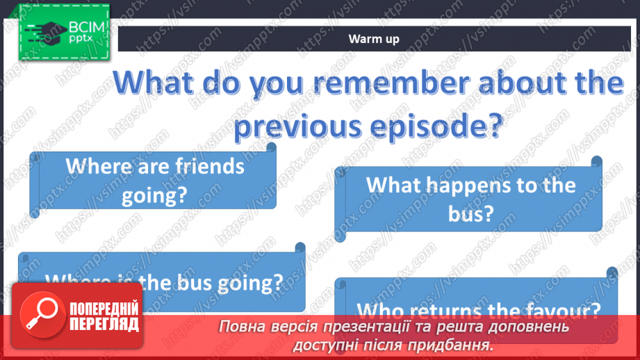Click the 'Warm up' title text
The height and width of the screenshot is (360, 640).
point(374,39)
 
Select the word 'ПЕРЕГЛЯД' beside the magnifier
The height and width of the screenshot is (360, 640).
point(104,324)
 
